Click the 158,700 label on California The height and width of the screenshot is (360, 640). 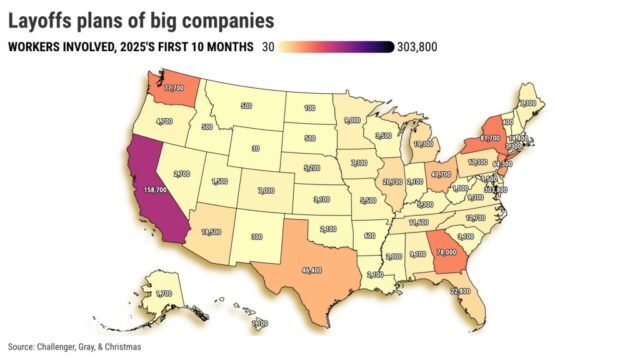pos(155,189)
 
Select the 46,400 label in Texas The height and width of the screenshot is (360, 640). pos(311,270)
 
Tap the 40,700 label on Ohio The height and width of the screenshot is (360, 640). pos(440,173)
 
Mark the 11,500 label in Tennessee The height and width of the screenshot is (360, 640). pos(419,221)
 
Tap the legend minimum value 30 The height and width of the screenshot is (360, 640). pos(269,46)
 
